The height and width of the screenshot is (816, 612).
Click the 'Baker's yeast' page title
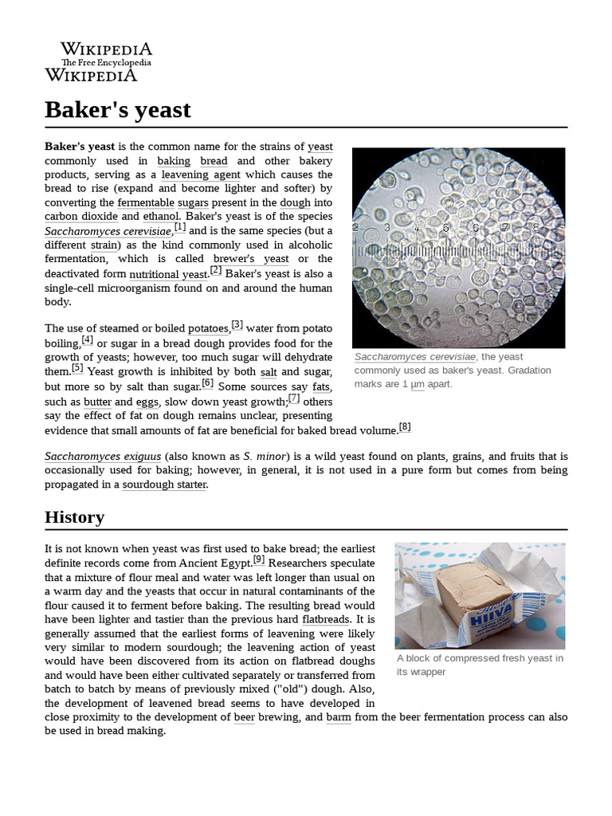coord(118,109)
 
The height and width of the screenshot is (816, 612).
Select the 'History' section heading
coord(74,517)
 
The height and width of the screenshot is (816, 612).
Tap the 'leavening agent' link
coord(201,175)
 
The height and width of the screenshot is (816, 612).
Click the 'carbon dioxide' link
coord(81,216)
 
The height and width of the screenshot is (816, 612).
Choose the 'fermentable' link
coord(145,202)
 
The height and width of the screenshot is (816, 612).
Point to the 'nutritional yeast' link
coord(168,274)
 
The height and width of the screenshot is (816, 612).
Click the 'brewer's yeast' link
coord(251,259)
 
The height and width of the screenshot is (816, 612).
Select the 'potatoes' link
coord(209,328)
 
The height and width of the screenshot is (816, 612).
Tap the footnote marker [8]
coord(405,427)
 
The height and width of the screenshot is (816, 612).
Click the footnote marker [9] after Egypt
coord(259,559)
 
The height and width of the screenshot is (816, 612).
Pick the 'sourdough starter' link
coord(164,484)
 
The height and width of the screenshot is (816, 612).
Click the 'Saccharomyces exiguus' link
coord(103,457)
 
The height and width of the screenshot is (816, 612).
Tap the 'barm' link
coord(339,717)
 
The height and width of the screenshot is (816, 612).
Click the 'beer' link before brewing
coord(245,717)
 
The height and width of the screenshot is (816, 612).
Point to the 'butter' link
coord(97,402)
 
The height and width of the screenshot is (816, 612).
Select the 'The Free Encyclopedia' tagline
coord(106,63)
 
